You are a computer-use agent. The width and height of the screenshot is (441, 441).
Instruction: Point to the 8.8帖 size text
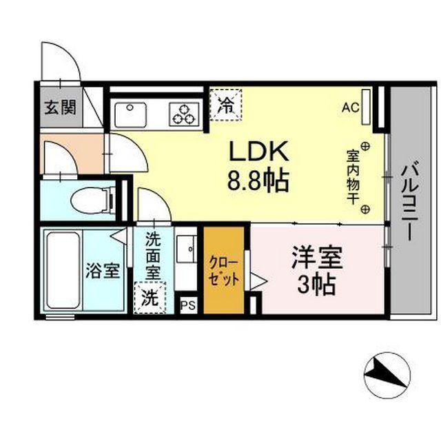coord(258,181)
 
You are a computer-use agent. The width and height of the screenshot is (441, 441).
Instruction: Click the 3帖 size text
coord(317,284)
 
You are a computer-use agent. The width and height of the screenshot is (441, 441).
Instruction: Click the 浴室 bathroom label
coord(103,271)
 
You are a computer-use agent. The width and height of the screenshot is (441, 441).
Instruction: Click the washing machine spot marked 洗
coord(149,299)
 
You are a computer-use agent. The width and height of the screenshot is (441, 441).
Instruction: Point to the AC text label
coord(350,107)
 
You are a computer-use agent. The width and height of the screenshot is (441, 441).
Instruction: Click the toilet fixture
coord(91,199)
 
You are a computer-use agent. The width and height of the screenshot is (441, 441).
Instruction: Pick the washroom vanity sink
coord(186,249)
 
